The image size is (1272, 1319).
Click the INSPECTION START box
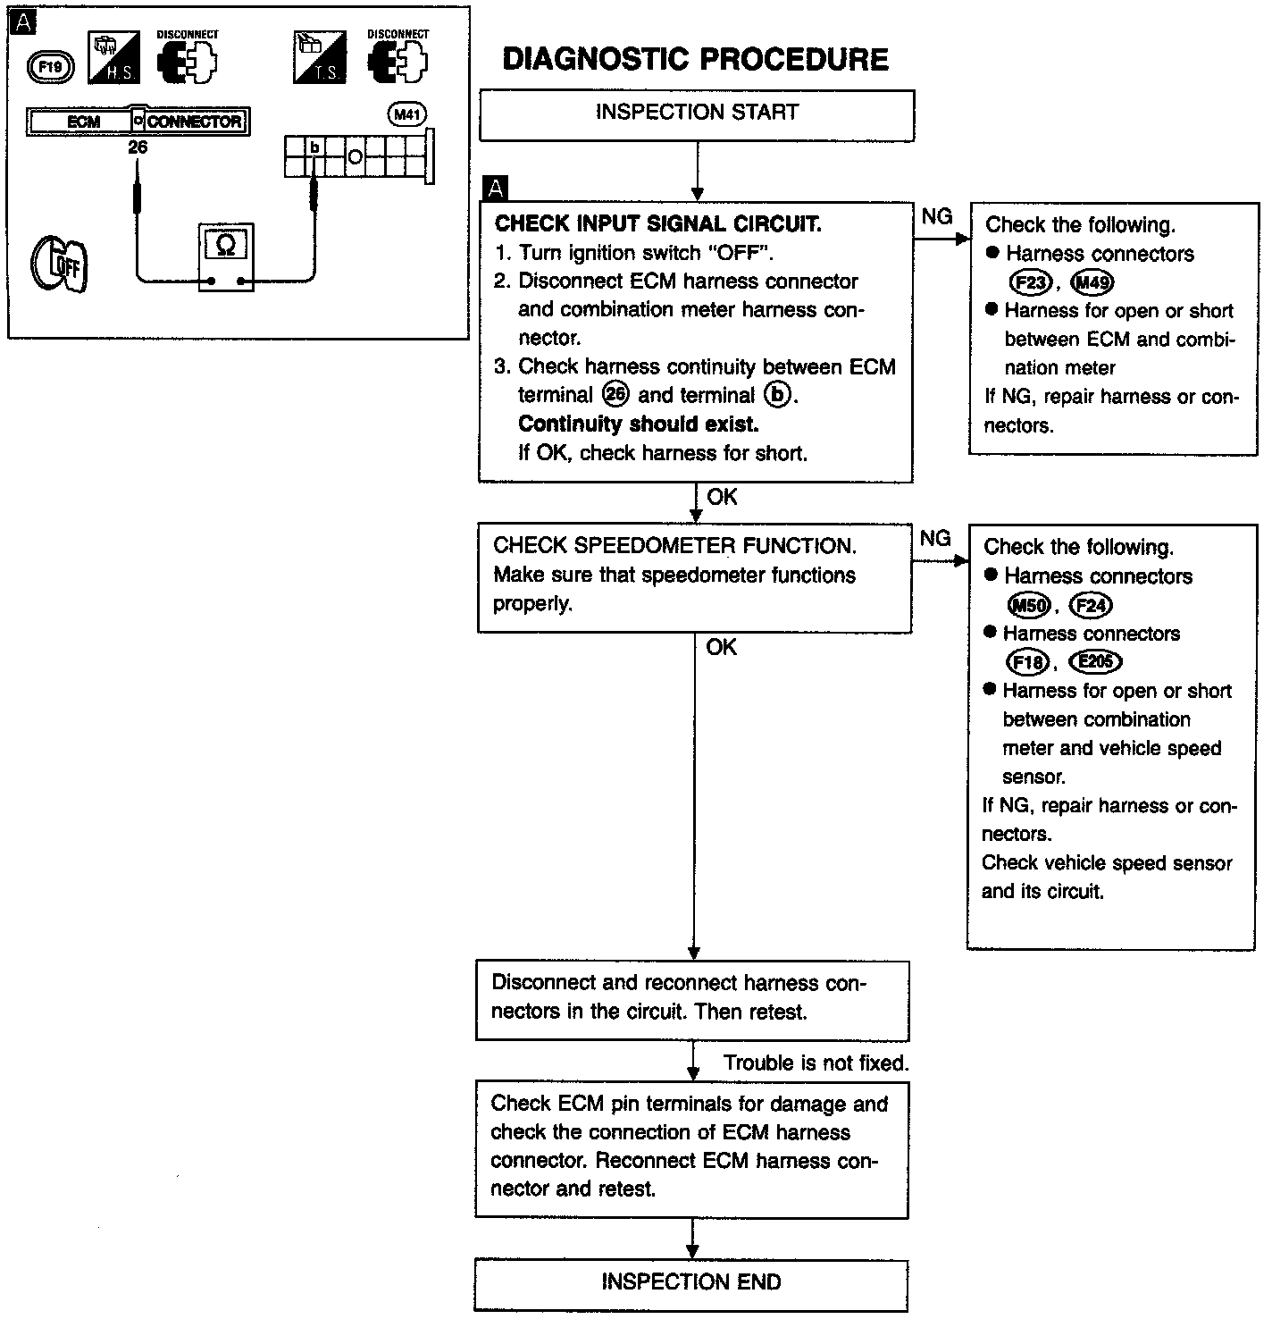tap(697, 113)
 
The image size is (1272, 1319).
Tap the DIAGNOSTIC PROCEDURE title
tap(695, 60)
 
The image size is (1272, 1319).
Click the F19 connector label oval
tap(50, 65)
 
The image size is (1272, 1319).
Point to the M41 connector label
tap(408, 114)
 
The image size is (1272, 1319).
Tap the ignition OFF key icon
tap(59, 265)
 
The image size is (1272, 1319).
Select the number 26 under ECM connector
tap(137, 147)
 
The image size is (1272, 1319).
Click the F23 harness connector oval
tap(1030, 283)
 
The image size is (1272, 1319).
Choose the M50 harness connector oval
tap(1029, 606)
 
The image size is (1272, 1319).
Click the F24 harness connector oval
tap(1091, 606)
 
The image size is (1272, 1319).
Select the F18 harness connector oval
tap(1026, 662)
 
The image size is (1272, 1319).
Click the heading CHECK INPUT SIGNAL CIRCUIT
tap(657, 223)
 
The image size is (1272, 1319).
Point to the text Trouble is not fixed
tap(816, 1063)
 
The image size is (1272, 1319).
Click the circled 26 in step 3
tap(616, 395)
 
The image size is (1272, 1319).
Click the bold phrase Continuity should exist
tap(638, 424)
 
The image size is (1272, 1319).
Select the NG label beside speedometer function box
tap(934, 538)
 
